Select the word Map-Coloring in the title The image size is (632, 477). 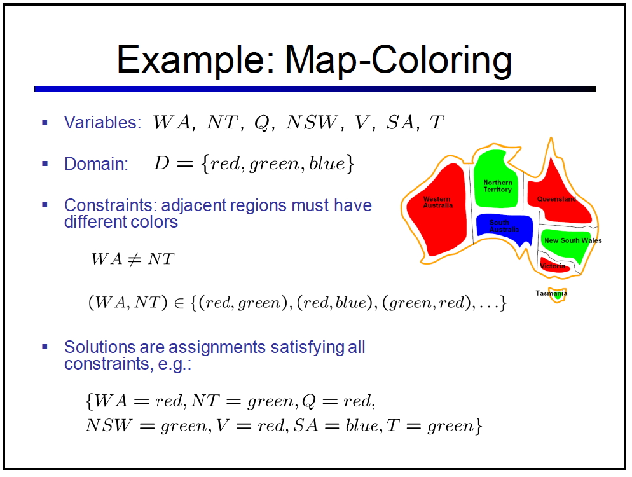(399, 60)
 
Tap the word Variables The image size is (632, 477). (102, 122)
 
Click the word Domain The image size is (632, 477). (96, 163)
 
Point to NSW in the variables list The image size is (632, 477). (311, 122)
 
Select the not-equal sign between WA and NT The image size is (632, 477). (135, 259)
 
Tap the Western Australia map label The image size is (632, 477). (437, 202)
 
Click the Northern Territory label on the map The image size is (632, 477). (498, 186)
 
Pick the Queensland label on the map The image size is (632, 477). (556, 199)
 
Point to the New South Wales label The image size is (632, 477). (573, 240)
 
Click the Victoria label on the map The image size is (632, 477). (552, 266)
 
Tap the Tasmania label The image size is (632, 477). (551, 293)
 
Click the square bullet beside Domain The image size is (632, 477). (45, 163)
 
